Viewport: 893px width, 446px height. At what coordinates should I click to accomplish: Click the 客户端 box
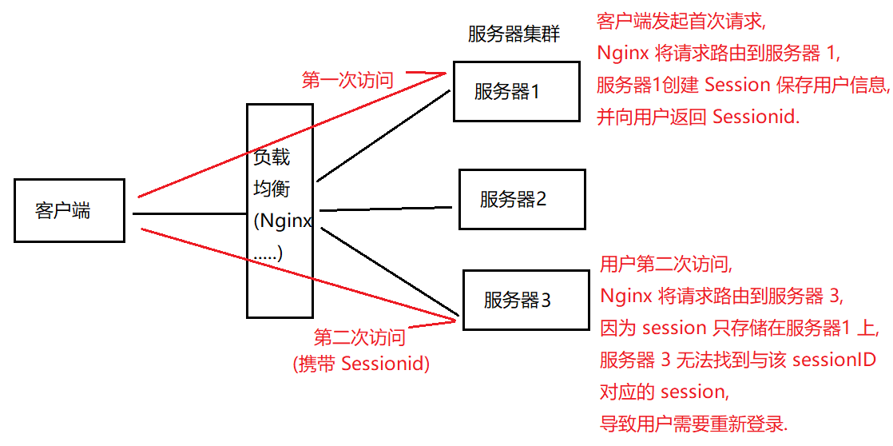[69, 210]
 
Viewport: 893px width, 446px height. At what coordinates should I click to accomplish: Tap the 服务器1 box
[516, 91]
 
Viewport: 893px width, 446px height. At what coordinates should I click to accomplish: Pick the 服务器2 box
[522, 199]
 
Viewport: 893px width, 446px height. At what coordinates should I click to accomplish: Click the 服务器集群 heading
[514, 34]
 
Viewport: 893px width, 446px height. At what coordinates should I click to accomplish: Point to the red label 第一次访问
[347, 80]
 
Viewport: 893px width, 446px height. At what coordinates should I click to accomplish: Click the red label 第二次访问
[359, 337]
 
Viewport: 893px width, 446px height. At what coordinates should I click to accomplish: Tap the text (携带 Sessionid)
[362, 364]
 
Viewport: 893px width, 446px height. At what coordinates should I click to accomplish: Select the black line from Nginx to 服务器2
[387, 209]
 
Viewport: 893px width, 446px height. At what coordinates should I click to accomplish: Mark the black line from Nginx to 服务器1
[383, 136]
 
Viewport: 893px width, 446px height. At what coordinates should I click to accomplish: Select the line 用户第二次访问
[666, 264]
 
